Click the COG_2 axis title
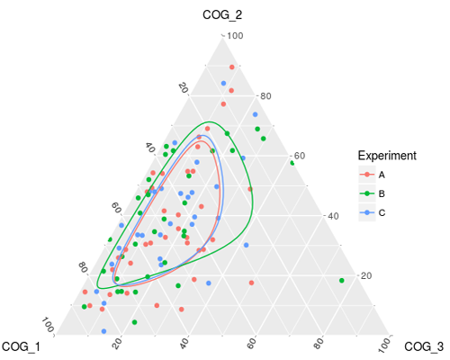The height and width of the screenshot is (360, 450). (x=222, y=14)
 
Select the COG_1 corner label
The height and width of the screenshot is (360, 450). (x=21, y=346)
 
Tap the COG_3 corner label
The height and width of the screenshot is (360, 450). (x=424, y=346)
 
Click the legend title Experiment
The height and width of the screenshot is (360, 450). (x=387, y=156)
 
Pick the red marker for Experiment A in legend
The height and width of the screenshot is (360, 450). (x=367, y=175)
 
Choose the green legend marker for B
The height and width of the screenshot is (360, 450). (x=367, y=193)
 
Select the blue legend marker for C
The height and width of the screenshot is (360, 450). (x=367, y=212)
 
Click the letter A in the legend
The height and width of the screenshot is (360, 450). (x=382, y=175)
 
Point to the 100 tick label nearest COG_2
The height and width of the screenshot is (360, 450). (x=235, y=36)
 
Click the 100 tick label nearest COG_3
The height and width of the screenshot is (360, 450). (x=384, y=345)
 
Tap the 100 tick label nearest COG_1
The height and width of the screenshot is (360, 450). (x=47, y=325)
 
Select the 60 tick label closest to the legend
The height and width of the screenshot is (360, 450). (x=300, y=156)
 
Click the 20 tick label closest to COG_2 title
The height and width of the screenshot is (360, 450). (x=183, y=88)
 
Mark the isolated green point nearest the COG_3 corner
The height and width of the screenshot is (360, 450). (x=341, y=281)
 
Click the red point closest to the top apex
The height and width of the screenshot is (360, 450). (x=232, y=67)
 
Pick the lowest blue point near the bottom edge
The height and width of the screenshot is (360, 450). (x=103, y=331)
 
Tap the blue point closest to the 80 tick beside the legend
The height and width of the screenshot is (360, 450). (x=256, y=114)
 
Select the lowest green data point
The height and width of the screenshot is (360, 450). (x=135, y=322)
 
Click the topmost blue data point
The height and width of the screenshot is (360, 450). (x=223, y=83)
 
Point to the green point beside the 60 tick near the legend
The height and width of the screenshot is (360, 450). (x=292, y=163)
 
